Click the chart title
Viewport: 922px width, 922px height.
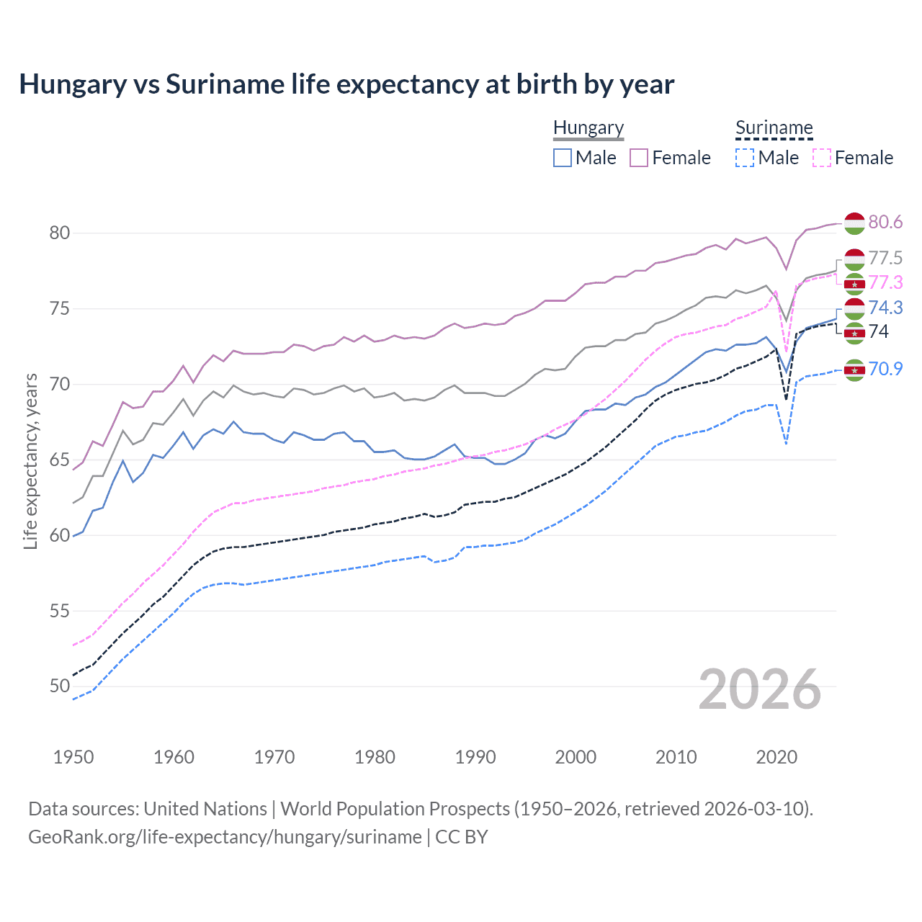346,84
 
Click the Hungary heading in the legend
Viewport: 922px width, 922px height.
588,127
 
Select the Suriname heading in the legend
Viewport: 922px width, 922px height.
774,127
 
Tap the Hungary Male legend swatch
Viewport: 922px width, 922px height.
563,158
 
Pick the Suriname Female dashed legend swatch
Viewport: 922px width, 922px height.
822,158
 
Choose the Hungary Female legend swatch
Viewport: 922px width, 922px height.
639,158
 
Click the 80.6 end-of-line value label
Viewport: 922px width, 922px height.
885,222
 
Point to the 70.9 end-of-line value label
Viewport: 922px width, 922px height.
885,369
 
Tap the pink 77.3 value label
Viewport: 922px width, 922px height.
885,282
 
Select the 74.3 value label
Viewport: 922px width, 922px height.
885,308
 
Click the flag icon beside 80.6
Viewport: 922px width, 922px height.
854,223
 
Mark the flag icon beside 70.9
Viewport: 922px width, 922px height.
854,370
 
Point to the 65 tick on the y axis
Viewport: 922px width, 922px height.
60,460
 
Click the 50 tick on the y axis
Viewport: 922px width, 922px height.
60,686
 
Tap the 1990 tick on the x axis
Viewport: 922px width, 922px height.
475,757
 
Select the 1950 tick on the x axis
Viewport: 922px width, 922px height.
73,757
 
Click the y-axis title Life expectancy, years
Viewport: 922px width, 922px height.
30,461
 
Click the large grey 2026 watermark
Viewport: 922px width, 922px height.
759,689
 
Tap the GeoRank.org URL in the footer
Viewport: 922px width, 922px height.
225,837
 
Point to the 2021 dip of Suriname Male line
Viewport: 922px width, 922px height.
786,444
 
